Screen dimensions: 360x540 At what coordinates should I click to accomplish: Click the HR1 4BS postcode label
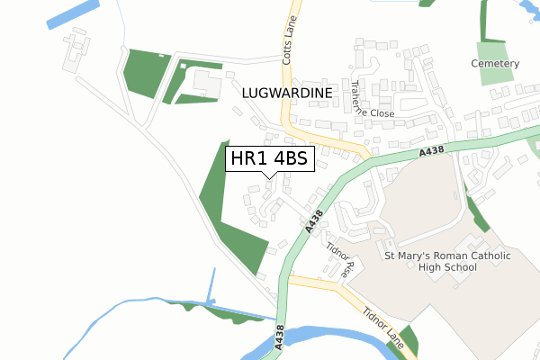point(270,160)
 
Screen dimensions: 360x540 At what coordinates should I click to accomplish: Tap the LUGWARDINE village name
point(288,93)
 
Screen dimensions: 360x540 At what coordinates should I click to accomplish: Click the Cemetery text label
point(495,64)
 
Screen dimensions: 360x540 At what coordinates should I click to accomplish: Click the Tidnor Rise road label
point(342,258)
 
